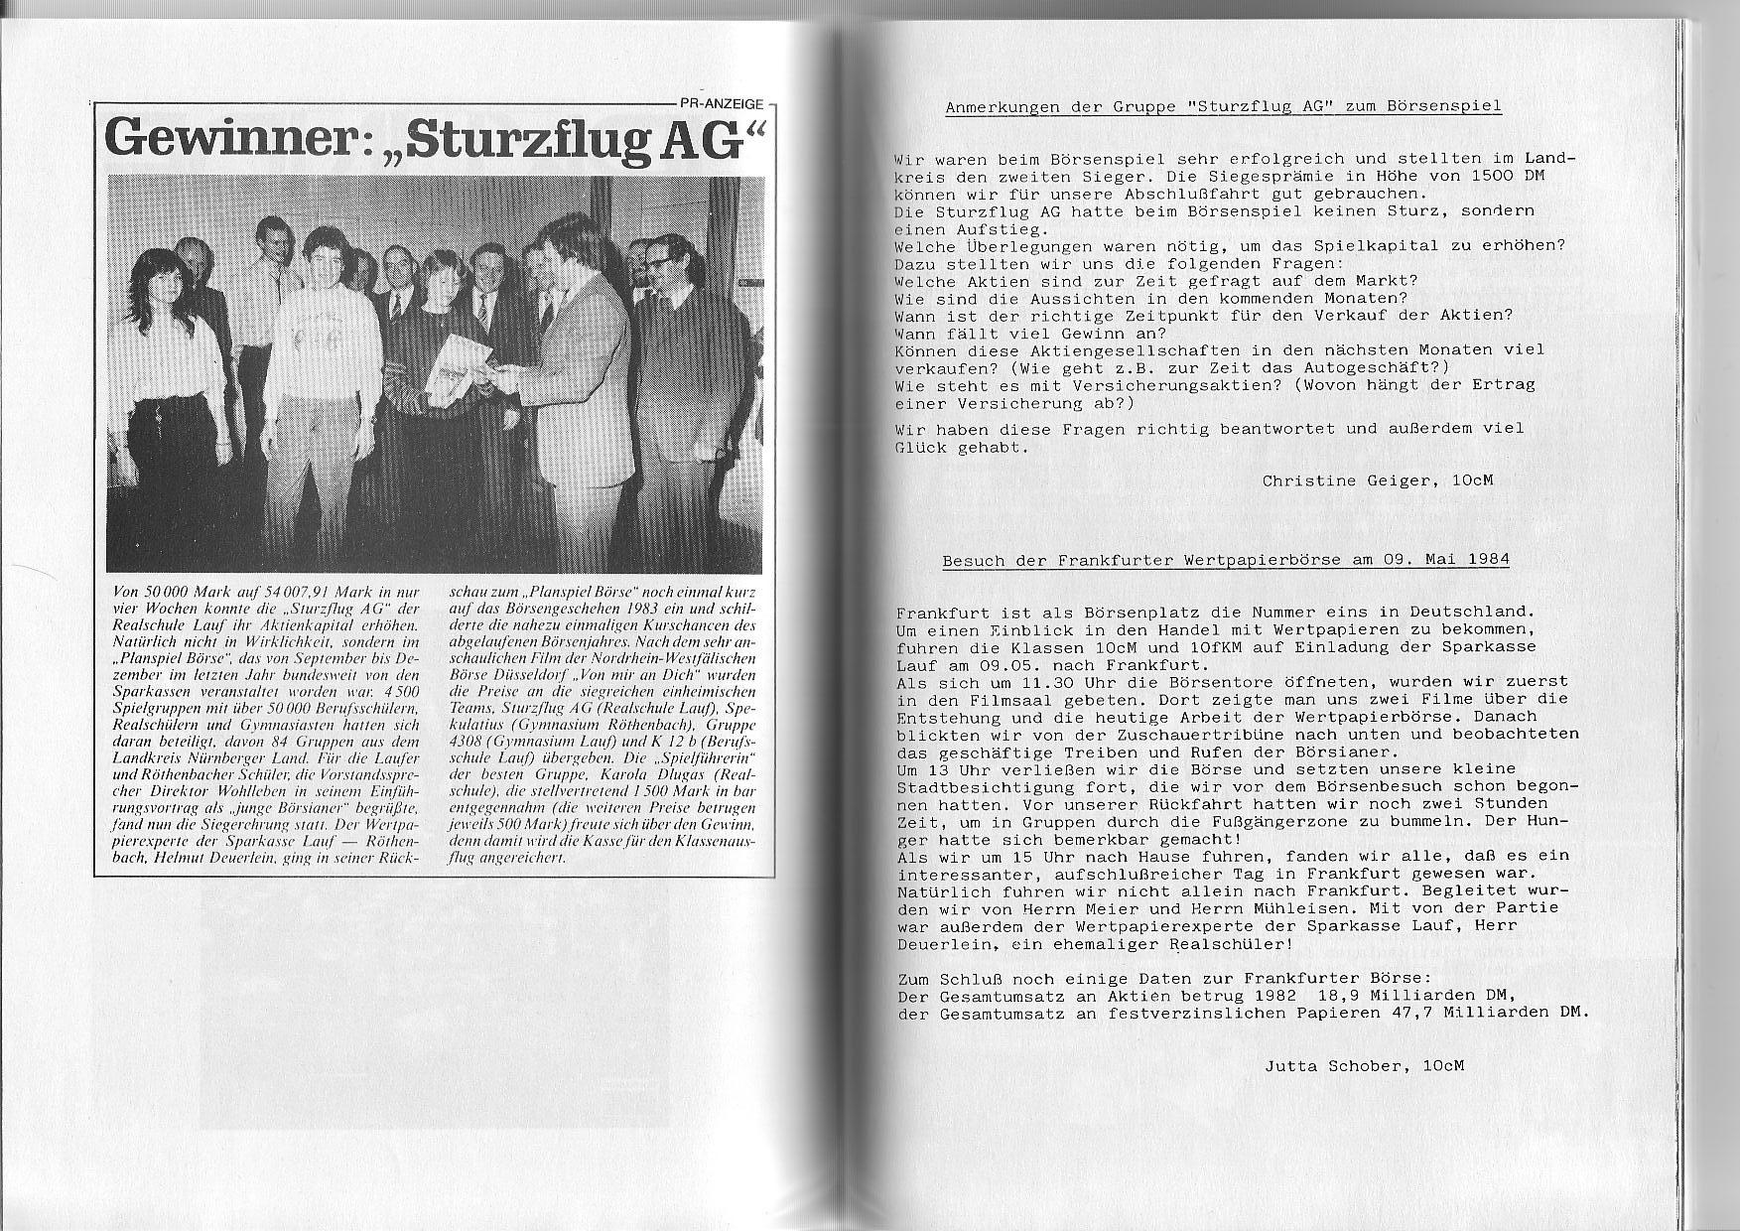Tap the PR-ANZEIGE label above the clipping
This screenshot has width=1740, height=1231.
[x=722, y=103]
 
